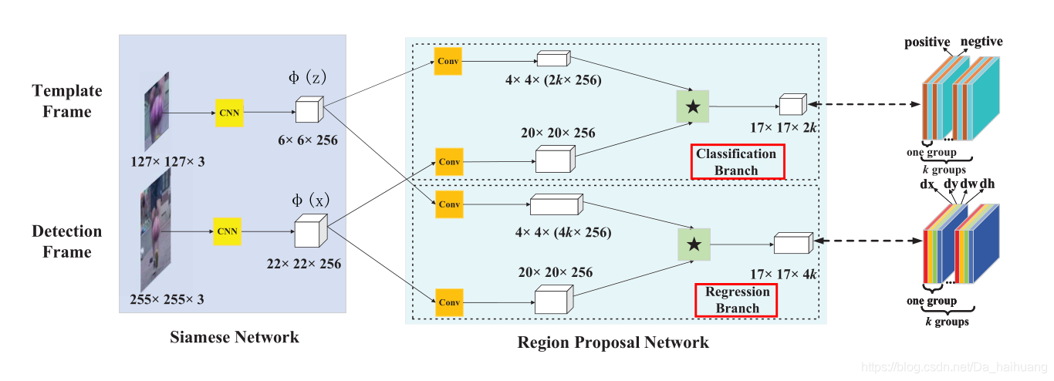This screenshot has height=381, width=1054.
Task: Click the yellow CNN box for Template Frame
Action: [229, 113]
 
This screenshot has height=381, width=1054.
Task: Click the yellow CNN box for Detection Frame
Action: [227, 231]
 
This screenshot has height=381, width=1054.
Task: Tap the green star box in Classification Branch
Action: [692, 106]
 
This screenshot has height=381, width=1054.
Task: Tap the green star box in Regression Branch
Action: [694, 244]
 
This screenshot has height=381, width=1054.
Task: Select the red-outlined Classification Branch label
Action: [738, 162]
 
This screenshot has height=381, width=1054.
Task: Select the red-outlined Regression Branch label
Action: [738, 300]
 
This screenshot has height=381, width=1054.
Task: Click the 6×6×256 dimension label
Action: [308, 141]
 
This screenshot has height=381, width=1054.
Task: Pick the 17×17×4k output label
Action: [783, 273]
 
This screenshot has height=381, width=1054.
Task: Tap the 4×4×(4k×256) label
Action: [562, 232]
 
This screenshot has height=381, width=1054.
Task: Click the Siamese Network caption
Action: [235, 336]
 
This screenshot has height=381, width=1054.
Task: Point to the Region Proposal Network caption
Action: [613, 342]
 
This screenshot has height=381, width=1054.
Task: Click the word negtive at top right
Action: [981, 41]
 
